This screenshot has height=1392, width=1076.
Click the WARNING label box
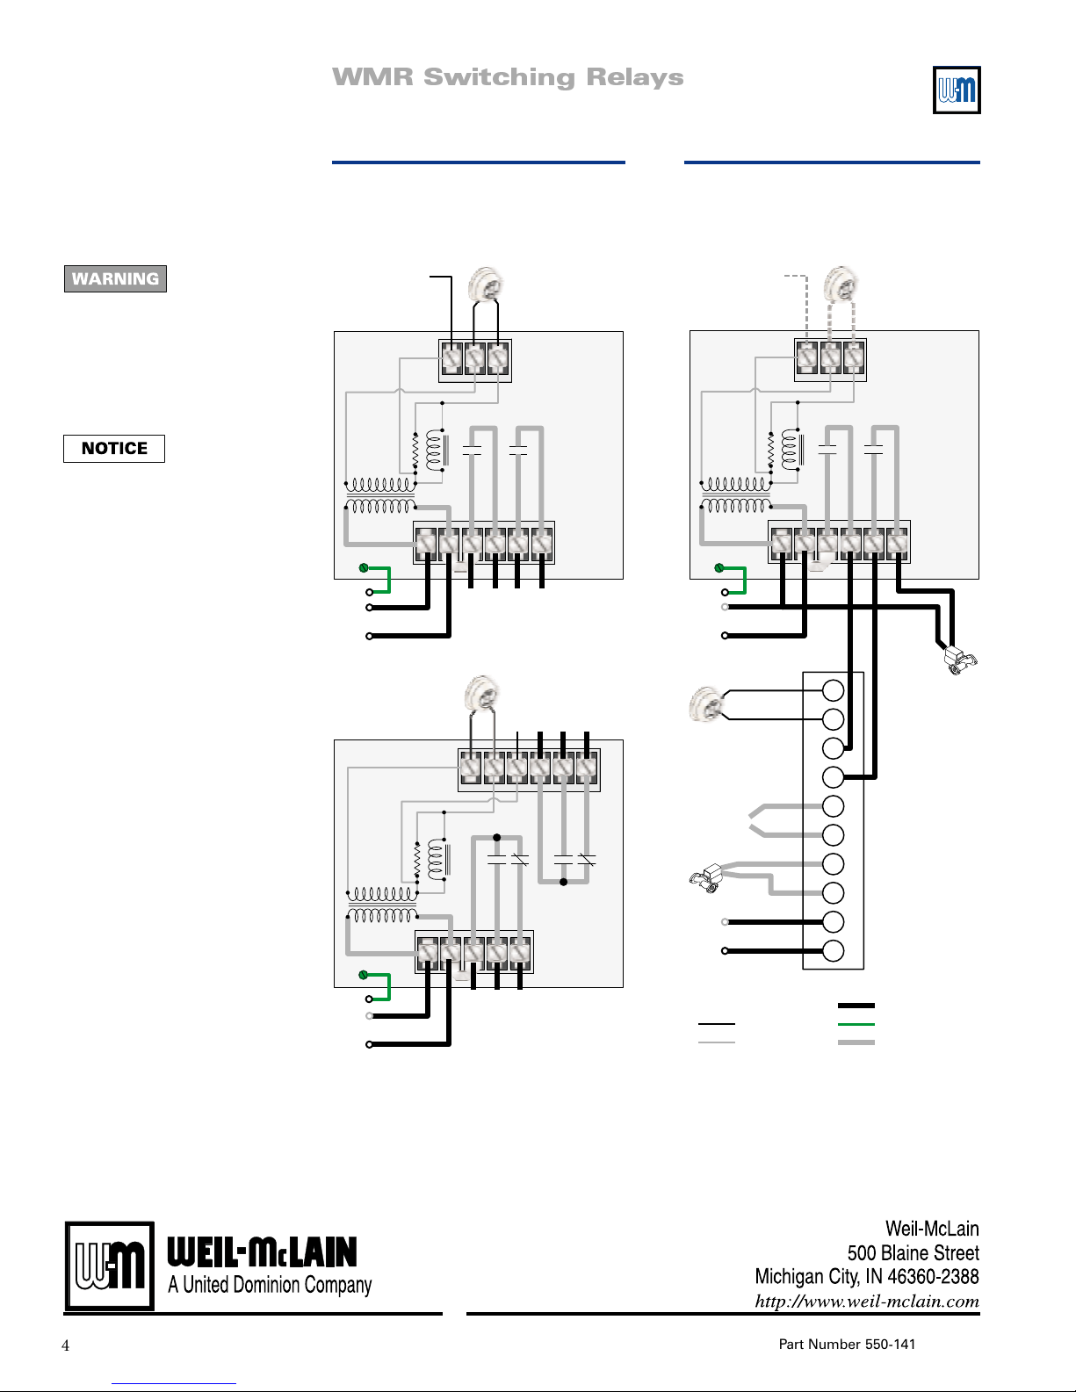[115, 278]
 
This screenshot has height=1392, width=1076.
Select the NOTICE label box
[114, 449]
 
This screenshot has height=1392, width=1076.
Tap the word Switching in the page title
[500, 77]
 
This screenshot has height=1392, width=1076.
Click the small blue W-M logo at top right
[957, 90]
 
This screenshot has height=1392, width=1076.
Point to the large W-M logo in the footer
[110, 1266]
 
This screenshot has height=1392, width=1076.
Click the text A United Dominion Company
[270, 1285]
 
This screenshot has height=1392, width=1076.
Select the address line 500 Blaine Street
[913, 1253]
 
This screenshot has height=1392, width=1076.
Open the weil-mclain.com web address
[867, 1301]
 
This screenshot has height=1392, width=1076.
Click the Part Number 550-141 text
[847, 1344]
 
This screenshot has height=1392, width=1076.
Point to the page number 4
[65, 1345]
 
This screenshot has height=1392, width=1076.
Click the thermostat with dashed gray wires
[841, 284]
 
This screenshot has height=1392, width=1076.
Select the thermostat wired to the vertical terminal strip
[706, 704]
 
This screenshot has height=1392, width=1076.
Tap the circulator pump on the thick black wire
[961, 660]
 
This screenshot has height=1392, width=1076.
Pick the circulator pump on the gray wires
[706, 878]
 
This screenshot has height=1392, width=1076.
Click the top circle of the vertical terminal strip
[833, 690]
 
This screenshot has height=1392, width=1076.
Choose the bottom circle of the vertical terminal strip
[833, 951]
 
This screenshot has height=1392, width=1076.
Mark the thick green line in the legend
[856, 1024]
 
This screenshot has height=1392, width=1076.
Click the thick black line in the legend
[856, 1006]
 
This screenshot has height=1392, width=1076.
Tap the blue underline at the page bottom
[174, 1384]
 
